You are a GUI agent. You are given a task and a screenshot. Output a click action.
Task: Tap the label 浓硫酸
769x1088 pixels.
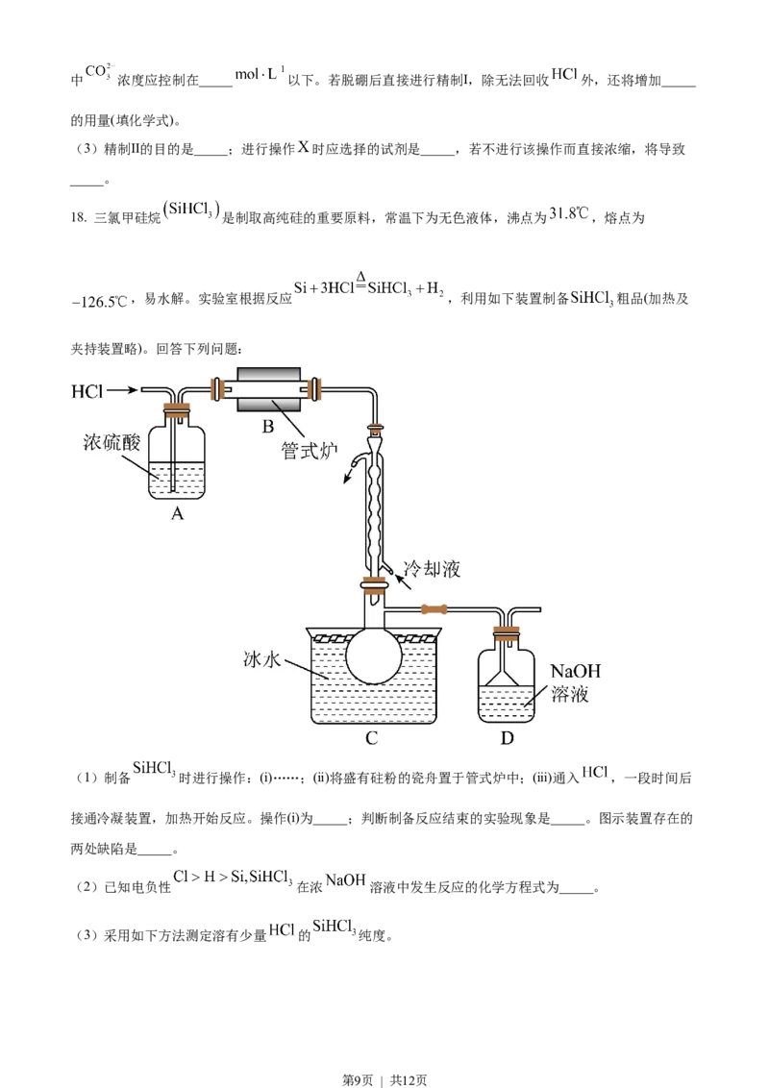112,442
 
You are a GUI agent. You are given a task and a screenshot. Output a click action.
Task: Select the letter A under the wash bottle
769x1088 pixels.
177,514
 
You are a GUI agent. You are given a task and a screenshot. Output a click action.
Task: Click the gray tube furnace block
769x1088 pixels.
268,389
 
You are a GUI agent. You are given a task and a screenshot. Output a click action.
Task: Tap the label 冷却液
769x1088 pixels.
432,569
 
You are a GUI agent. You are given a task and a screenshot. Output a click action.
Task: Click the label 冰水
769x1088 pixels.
263,662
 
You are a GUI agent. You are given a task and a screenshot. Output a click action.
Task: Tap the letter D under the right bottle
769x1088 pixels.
507,738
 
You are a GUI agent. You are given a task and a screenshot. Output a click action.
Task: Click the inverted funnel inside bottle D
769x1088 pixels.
507,676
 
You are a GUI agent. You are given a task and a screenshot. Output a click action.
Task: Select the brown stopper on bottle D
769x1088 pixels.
507,633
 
